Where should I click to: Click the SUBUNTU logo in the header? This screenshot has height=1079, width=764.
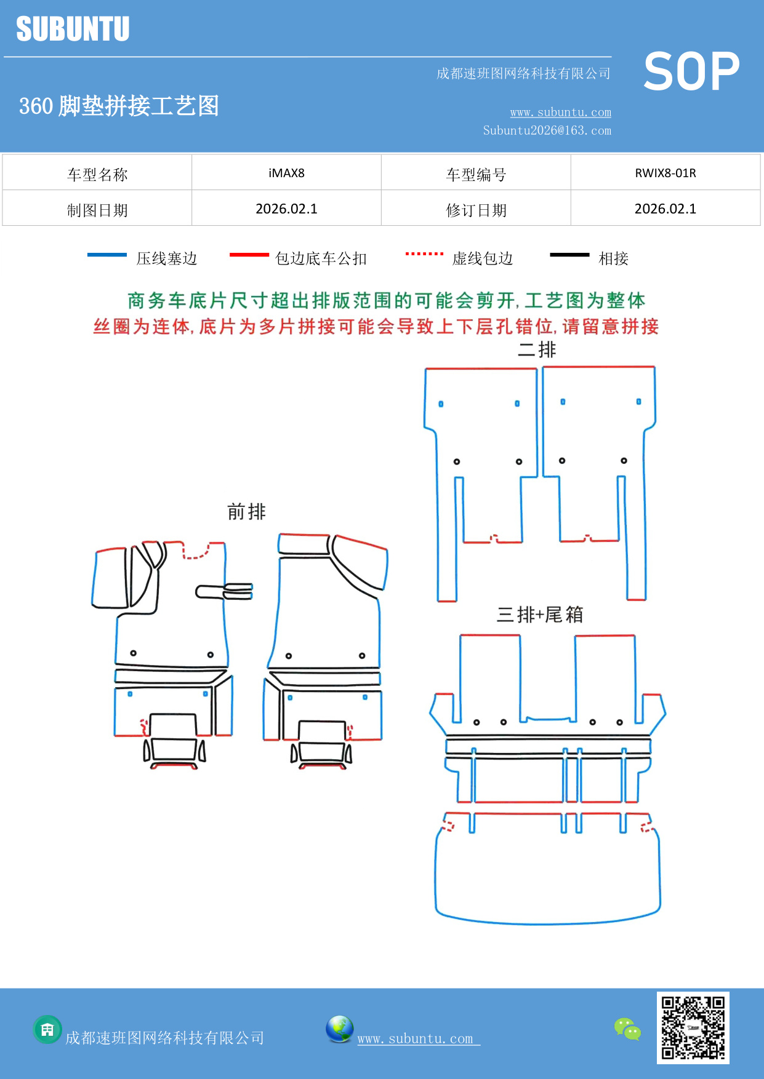[73, 29]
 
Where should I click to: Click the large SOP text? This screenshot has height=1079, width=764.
[691, 72]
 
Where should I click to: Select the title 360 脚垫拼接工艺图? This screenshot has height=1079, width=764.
[119, 106]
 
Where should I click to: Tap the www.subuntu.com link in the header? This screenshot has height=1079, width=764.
[560, 112]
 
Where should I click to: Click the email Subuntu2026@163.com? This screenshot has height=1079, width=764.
[547, 130]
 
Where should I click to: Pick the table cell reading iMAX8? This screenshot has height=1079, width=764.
[286, 173]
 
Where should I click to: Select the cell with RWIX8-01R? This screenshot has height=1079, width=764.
[665, 173]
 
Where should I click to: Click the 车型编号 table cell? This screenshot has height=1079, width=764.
[476, 175]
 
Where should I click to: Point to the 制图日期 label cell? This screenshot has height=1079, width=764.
[97, 210]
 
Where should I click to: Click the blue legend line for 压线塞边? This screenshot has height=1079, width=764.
[107, 255]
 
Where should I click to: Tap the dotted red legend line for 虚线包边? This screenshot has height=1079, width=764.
[424, 253]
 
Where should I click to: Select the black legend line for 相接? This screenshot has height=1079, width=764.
[569, 255]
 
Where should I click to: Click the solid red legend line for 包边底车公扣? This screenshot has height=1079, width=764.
[249, 255]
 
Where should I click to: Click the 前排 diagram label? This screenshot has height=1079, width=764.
[246, 511]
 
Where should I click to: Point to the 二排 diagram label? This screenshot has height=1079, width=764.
[537, 349]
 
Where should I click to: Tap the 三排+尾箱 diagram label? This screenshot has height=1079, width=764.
[540, 614]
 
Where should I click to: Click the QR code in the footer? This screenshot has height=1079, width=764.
[693, 1027]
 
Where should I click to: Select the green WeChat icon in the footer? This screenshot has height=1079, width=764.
[627, 1029]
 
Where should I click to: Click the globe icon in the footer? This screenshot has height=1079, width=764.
[339, 1029]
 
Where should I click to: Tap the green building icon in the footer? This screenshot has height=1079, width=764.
[47, 1029]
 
